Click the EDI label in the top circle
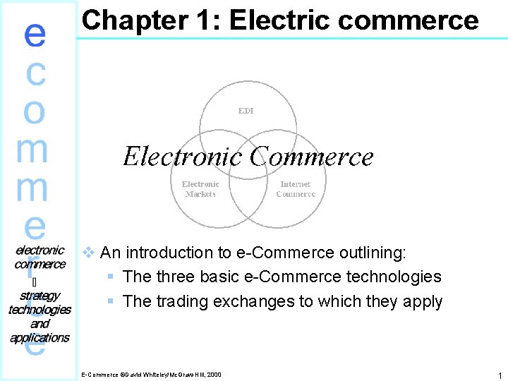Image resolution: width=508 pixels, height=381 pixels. (x=246, y=111)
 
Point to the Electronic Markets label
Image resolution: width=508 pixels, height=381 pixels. (x=200, y=189)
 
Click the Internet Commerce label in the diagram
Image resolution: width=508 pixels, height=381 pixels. (x=295, y=189)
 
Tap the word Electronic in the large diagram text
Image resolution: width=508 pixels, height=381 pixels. (x=183, y=156)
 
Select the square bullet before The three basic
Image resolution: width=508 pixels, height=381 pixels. (x=110, y=277)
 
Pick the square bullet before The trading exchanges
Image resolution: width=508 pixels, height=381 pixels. (x=110, y=302)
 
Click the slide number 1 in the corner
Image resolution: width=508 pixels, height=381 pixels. (x=499, y=376)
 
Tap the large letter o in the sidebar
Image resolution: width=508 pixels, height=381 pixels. (x=35, y=110)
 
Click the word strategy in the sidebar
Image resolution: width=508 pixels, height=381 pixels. (x=40, y=296)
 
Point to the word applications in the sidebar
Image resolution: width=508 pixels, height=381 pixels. (x=40, y=337)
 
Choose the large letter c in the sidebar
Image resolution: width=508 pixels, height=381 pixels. (x=35, y=73)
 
